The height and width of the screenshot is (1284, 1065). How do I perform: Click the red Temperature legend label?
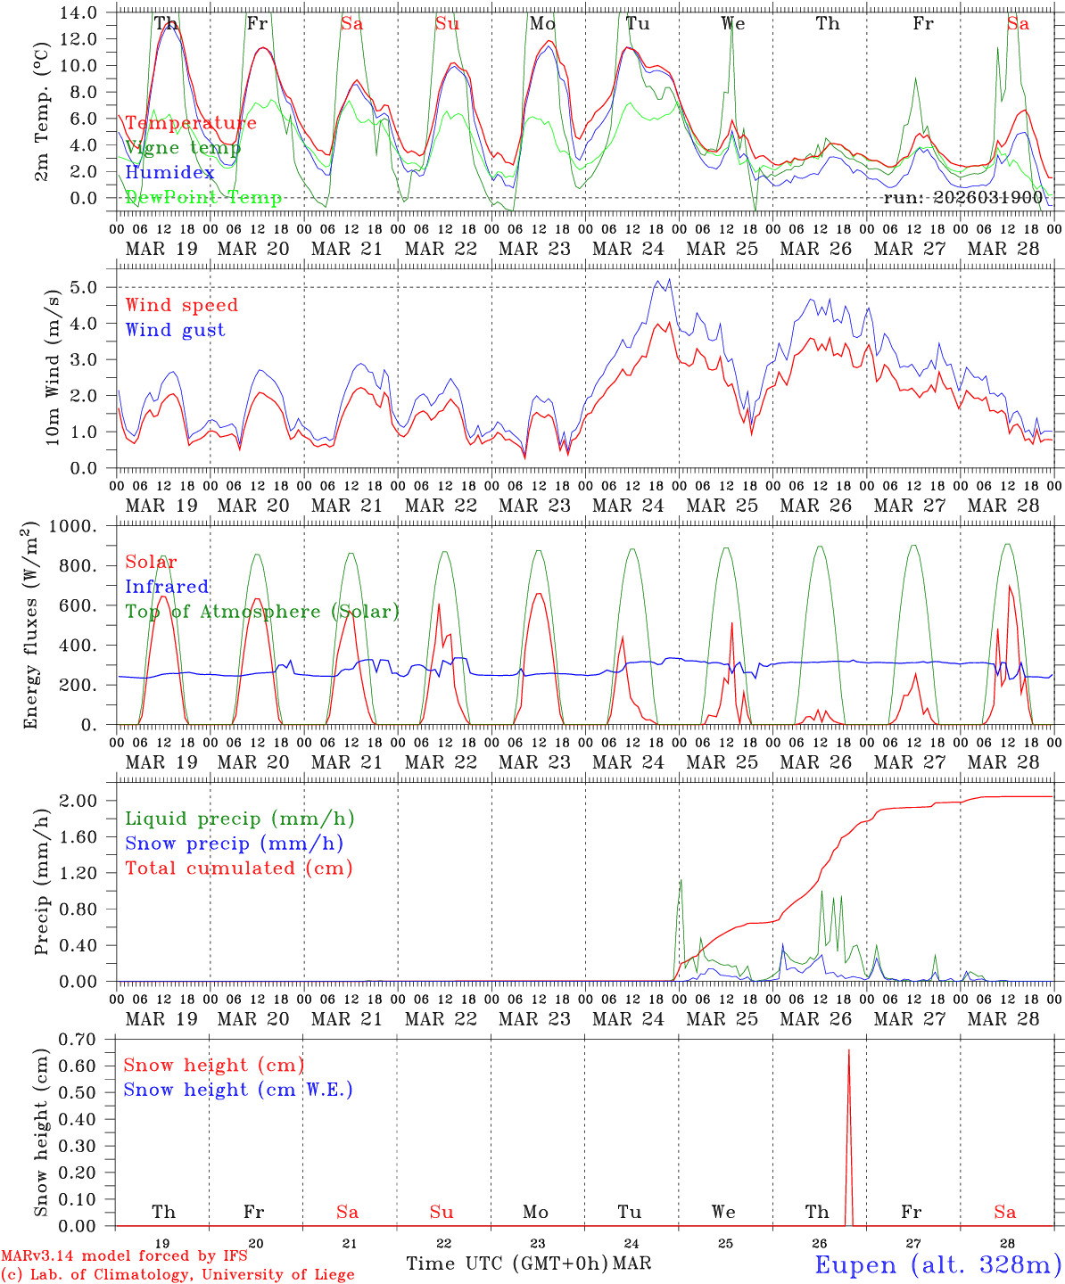(191, 123)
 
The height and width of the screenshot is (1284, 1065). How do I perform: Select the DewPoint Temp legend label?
(203, 198)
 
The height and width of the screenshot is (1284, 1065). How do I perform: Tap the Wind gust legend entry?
(175, 330)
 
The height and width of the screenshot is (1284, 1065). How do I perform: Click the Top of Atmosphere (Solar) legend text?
(262, 612)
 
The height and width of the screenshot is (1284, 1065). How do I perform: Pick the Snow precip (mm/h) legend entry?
(234, 844)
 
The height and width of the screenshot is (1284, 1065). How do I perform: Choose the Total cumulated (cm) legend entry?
(238, 868)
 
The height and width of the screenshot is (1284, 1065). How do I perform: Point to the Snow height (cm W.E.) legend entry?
(238, 1090)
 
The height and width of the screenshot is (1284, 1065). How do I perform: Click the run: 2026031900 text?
(962, 197)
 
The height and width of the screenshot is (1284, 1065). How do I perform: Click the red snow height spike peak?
(848, 1050)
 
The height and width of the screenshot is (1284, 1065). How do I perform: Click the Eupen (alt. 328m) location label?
(937, 1264)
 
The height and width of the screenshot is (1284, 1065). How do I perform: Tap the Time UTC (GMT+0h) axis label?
(508, 1263)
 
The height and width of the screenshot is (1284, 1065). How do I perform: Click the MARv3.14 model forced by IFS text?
(124, 1256)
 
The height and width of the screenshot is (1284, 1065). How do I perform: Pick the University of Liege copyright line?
(177, 1275)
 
